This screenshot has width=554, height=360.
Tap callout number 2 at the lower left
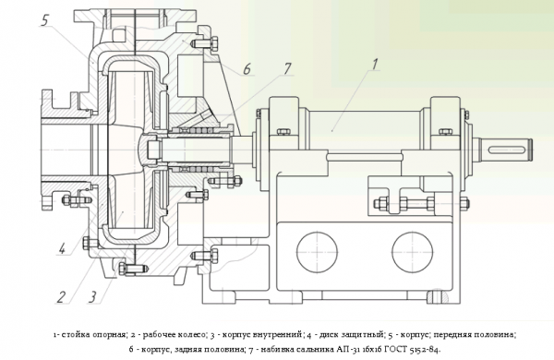[x=61, y=296]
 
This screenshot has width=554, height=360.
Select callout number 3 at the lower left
[x=92, y=296]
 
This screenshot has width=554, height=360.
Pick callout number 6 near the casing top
[x=247, y=67]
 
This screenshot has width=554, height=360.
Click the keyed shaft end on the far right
[x=512, y=149]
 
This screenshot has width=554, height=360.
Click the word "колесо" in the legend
[x=181, y=334]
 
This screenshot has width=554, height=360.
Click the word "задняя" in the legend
[x=187, y=350]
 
